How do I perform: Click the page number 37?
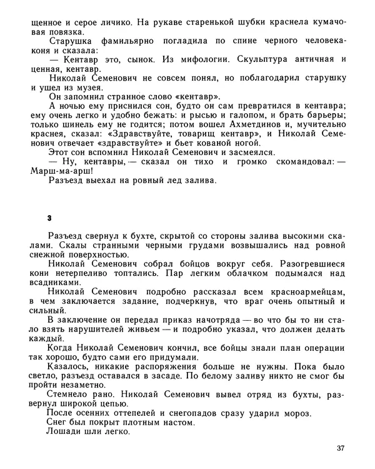coord(339,447)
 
